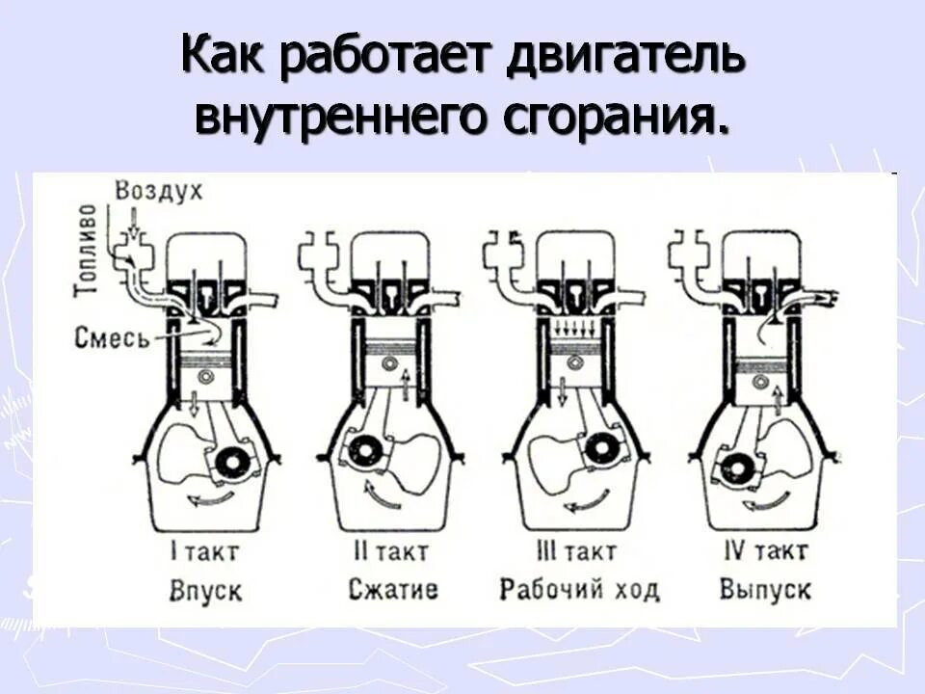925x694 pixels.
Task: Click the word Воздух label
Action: tap(159, 191)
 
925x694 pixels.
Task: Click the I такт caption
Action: tap(203, 553)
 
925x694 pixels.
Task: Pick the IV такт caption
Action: tap(766, 553)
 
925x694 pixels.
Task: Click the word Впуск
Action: tap(206, 589)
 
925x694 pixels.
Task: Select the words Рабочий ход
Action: tap(579, 589)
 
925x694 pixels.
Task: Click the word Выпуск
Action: tap(765, 589)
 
